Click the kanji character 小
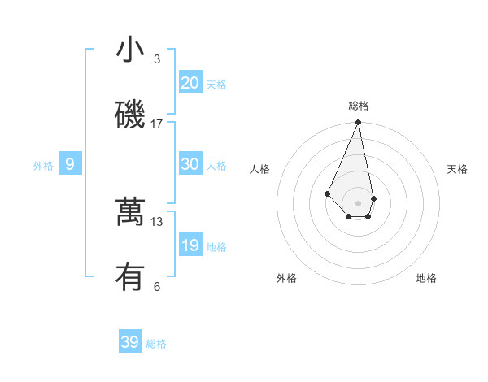click(x=131, y=50)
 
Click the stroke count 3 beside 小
click(x=157, y=59)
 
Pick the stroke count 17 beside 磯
click(x=157, y=124)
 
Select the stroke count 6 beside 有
click(x=157, y=286)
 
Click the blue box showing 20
click(x=190, y=83)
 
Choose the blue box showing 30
click(x=190, y=164)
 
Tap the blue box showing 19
click(x=190, y=245)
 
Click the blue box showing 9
click(x=70, y=164)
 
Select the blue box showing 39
click(x=130, y=342)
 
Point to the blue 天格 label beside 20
click(x=216, y=85)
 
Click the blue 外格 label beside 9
click(x=43, y=166)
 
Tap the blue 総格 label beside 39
click(x=156, y=344)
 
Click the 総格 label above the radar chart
click(x=359, y=106)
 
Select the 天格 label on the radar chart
click(x=458, y=169)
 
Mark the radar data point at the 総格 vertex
click(x=358, y=123)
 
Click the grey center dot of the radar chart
click(x=358, y=203)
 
